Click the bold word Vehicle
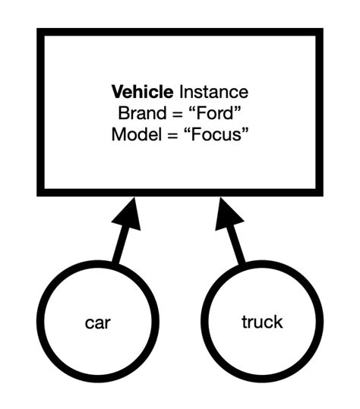click(143, 93)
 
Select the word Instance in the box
click(213, 93)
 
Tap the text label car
click(99, 322)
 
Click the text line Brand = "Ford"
click(180, 114)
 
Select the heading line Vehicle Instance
click(180, 93)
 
